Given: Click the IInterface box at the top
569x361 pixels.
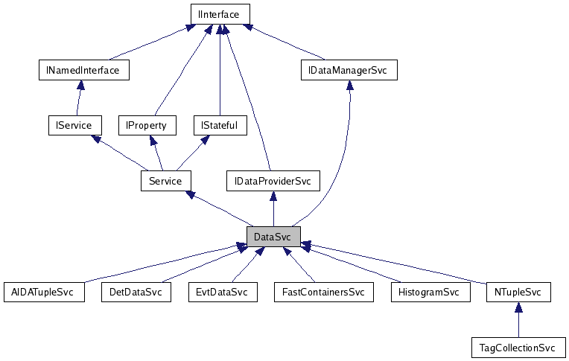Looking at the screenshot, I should click(x=220, y=14).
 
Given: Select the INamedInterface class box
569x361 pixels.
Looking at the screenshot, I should click(x=83, y=70).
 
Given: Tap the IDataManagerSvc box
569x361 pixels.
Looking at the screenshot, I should click(x=349, y=71).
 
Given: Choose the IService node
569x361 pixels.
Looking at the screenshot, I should click(x=69, y=125).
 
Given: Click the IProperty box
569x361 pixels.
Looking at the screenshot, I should click(x=146, y=125).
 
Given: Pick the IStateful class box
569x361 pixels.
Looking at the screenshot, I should click(x=219, y=125).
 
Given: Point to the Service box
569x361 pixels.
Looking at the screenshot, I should click(x=165, y=180).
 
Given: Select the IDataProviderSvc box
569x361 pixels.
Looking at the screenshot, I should click(x=273, y=181).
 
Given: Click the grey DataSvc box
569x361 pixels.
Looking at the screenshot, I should click(x=273, y=237).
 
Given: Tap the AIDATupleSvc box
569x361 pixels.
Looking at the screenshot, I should click(x=43, y=292).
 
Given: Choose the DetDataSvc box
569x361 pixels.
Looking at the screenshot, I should click(x=135, y=292).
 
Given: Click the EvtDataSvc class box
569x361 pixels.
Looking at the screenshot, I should click(x=222, y=292).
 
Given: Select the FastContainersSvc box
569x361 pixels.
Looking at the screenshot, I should click(x=322, y=292).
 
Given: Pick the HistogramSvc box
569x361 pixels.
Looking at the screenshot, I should click(x=430, y=292).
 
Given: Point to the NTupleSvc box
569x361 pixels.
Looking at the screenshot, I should click(x=518, y=292).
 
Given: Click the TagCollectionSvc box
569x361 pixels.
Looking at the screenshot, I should click(x=518, y=347).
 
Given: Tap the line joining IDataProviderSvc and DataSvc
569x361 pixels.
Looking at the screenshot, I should click(x=273, y=212).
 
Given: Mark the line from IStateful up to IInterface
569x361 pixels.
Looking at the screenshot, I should click(x=219, y=74).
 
